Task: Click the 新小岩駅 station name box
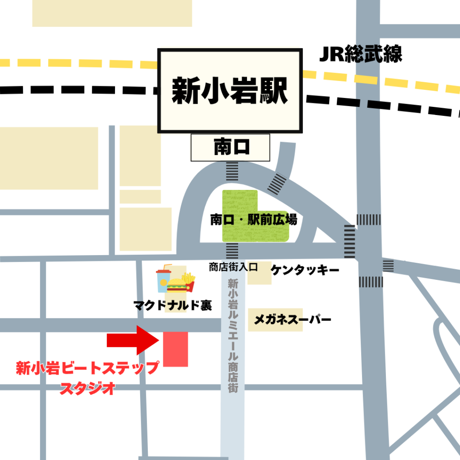(x=229, y=91)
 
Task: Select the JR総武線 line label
(x=360, y=54)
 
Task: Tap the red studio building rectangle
(x=175, y=349)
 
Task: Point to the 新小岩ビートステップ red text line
(x=87, y=368)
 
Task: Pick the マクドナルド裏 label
(x=172, y=306)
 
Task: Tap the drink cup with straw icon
(x=163, y=278)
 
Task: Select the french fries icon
(x=189, y=282)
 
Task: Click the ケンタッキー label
(x=305, y=270)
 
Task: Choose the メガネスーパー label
(x=292, y=320)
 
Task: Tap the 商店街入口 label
(x=233, y=267)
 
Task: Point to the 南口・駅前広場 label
(x=253, y=220)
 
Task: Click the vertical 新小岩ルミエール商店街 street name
(x=232, y=335)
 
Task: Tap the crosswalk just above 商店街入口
(x=232, y=251)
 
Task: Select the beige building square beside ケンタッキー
(x=260, y=273)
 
